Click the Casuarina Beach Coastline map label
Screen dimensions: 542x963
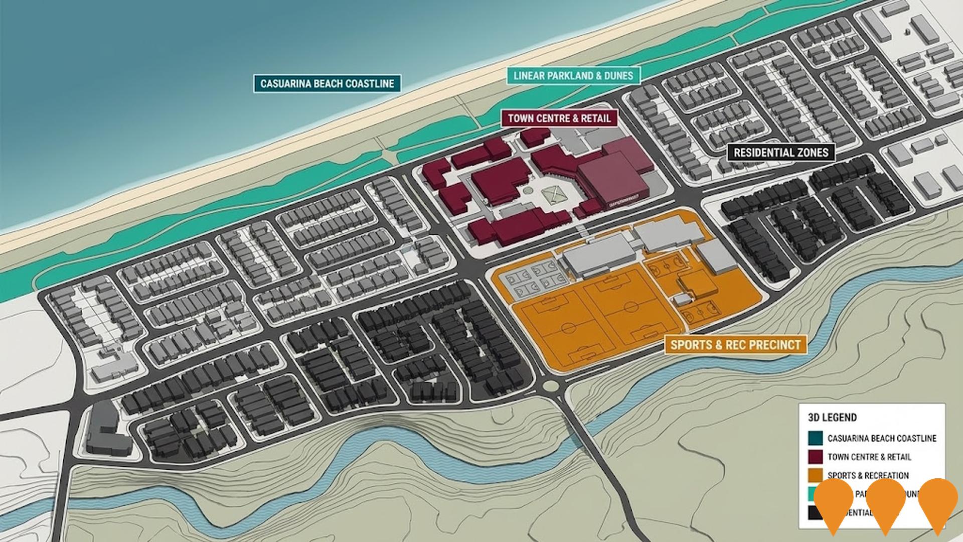coord(327,83)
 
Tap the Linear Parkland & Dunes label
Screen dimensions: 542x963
coord(573,76)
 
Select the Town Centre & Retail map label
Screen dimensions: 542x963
coord(559,118)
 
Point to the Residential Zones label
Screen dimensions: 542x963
coord(781,152)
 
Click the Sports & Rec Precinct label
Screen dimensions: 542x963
coord(735,345)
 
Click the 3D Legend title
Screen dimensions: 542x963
coord(832,417)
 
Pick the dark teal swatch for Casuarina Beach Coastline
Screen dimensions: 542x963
coord(815,438)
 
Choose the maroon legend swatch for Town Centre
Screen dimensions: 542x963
coord(815,457)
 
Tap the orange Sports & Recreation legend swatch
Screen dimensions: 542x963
coord(815,475)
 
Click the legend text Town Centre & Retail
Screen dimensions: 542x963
coord(869,457)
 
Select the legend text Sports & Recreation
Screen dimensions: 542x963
coord(868,475)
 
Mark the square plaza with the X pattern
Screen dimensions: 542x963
coord(552,193)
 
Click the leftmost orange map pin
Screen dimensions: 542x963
coord(833,504)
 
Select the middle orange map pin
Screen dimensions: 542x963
coord(885,504)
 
